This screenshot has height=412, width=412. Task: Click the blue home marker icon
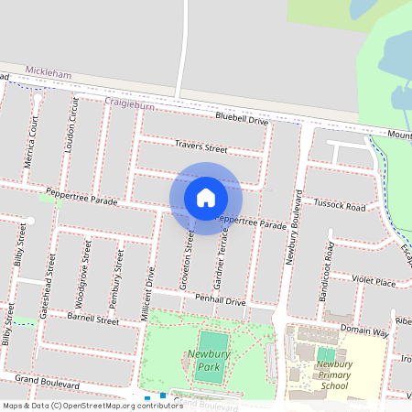coord(206,198)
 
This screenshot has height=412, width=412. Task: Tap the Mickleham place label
coord(48,70)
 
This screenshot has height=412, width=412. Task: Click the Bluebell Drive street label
coord(242,120)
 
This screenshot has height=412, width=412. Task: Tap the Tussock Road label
coord(340,207)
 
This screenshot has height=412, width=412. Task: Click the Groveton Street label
coord(187,261)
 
